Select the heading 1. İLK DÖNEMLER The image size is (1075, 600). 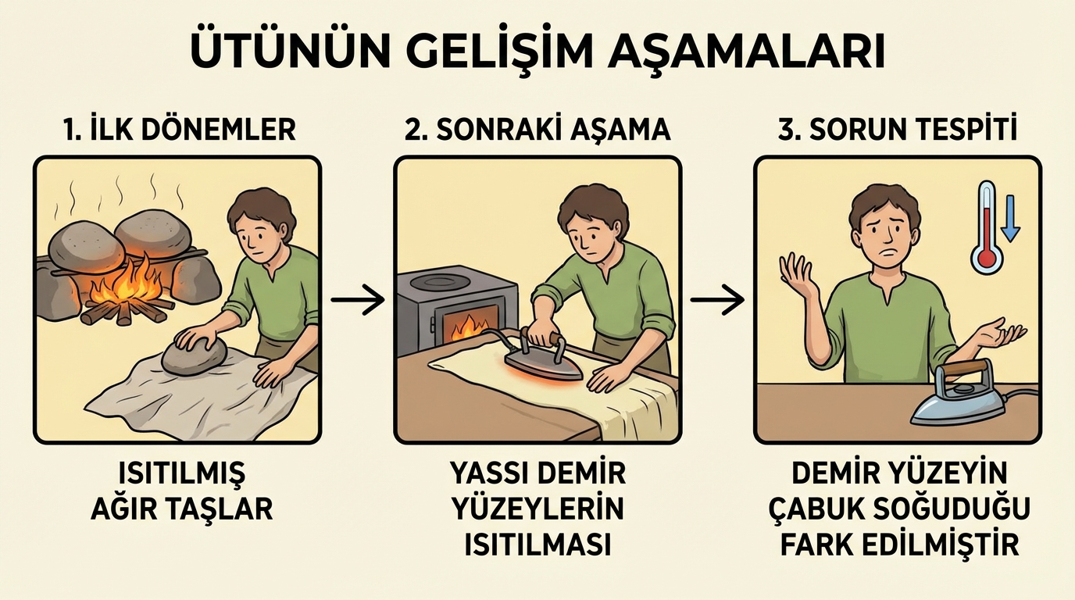pos(180,129)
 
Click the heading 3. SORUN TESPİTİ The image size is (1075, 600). pos(897,129)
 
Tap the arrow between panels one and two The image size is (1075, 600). pos(358,299)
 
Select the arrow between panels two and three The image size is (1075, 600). pos(717,299)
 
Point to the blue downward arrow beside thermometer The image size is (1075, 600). pos(1009,218)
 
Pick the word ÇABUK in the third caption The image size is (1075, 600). pos(818,509)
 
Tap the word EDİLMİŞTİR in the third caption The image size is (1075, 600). pos(942,545)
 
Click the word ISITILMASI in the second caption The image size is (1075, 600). pos(537,545)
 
